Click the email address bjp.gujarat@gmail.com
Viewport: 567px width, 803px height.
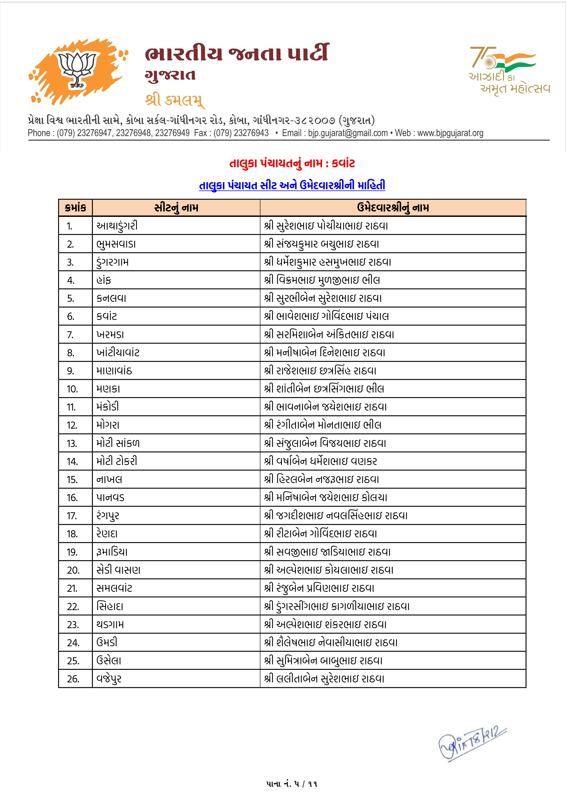(x=348, y=133)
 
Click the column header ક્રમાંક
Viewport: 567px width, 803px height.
(x=75, y=208)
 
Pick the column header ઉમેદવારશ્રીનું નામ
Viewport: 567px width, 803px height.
(x=393, y=208)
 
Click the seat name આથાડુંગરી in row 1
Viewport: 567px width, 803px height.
(x=117, y=226)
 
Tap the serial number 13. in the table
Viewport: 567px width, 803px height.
(x=72, y=443)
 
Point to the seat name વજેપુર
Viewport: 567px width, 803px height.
(x=109, y=679)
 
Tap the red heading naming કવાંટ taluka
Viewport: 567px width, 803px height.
(x=292, y=163)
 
